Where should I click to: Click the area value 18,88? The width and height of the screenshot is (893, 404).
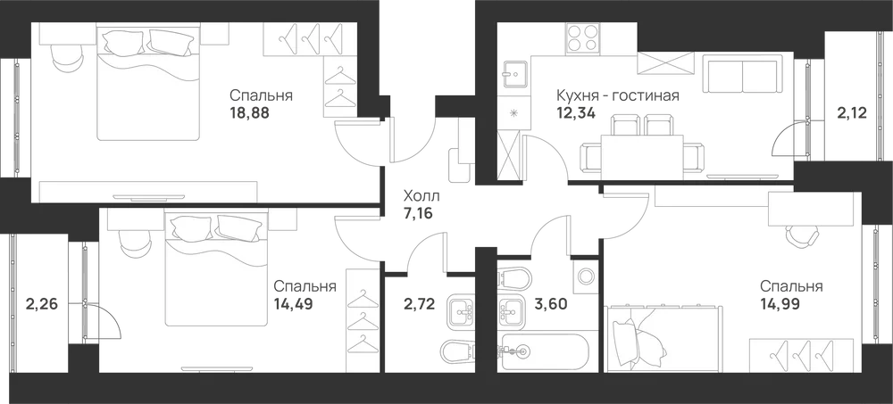[249, 112]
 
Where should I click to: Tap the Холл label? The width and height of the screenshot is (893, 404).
[421, 197]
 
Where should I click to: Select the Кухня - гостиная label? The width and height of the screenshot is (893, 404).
[618, 95]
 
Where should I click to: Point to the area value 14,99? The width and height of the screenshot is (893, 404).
[780, 304]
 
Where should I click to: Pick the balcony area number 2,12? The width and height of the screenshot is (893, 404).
[852, 113]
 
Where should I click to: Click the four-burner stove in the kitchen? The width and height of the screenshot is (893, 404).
[582, 38]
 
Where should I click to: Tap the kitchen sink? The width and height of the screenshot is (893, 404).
[515, 73]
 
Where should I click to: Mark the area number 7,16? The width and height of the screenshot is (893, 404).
[418, 216]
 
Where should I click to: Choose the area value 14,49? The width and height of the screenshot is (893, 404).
[293, 304]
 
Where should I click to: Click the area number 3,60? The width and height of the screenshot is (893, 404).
[550, 304]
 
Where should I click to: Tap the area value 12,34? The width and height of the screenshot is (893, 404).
[576, 112]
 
